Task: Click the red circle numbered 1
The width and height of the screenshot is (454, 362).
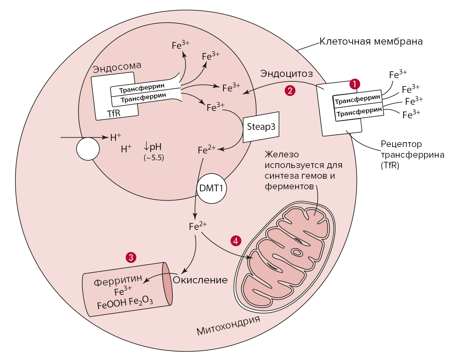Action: [355, 84]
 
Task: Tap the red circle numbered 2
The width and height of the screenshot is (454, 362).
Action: [290, 90]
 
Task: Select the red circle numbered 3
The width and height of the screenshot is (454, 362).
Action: [131, 257]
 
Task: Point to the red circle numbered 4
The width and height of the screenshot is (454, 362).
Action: [236, 241]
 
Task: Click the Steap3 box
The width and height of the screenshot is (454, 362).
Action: [261, 127]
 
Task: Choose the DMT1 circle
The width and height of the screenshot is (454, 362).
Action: [211, 188]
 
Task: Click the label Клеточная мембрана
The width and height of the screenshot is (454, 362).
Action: [371, 41]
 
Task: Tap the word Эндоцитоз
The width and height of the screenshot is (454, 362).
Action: [286, 73]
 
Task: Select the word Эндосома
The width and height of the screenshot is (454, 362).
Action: [117, 67]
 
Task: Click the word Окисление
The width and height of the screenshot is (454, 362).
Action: [200, 280]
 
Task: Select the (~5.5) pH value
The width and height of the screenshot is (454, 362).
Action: [154, 158]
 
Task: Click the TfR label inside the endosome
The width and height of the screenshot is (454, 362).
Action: [114, 113]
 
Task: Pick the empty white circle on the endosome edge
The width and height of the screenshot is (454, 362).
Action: [88, 149]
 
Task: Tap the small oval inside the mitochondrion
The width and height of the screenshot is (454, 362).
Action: [297, 252]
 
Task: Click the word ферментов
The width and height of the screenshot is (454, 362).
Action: [289, 187]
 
